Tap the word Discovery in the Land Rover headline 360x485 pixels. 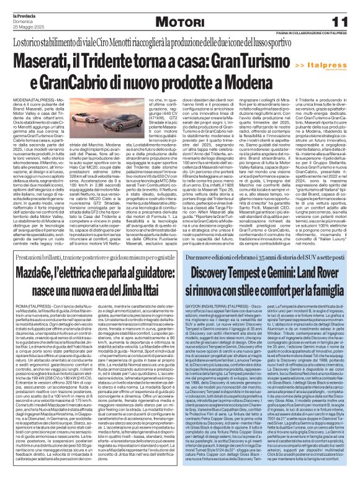coord(214,290)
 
